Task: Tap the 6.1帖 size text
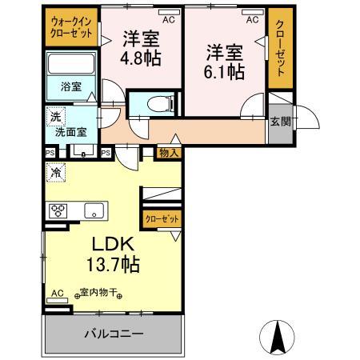[224, 70]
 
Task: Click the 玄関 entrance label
[280, 121]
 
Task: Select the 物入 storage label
[166, 152]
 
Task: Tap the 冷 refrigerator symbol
[56, 171]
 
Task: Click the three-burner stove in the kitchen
[59, 211]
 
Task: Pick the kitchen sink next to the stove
[93, 211]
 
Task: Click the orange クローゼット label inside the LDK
[162, 218]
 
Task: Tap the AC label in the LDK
[56, 294]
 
